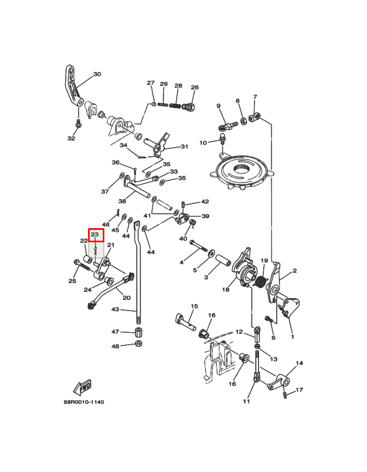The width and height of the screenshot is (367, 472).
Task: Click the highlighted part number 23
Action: (95, 234)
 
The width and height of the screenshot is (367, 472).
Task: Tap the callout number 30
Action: (97, 74)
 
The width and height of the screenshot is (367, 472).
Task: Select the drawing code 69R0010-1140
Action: (84, 402)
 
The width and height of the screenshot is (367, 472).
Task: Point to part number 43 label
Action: (115, 310)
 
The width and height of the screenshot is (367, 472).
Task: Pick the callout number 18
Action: (225, 289)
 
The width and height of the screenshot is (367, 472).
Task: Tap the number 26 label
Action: (195, 87)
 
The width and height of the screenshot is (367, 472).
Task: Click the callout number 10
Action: (203, 143)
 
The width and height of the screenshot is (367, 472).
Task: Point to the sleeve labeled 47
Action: (139, 332)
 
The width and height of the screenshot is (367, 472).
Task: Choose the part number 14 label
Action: (299, 363)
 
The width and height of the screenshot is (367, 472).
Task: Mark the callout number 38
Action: (122, 201)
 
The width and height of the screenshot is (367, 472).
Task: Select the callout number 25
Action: (72, 281)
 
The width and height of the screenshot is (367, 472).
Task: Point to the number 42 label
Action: (205, 201)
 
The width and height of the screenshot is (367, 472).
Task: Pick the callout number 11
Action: (246, 402)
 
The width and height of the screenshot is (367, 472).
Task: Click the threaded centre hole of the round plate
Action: (242, 169)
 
